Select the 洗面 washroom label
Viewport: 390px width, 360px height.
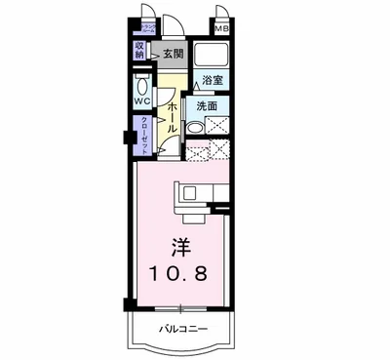coord(206,105)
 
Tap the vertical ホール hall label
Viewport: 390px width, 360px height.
coord(172,114)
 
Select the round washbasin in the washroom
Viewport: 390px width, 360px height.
coord(194,127)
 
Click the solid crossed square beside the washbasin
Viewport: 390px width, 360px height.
coord(216,126)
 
